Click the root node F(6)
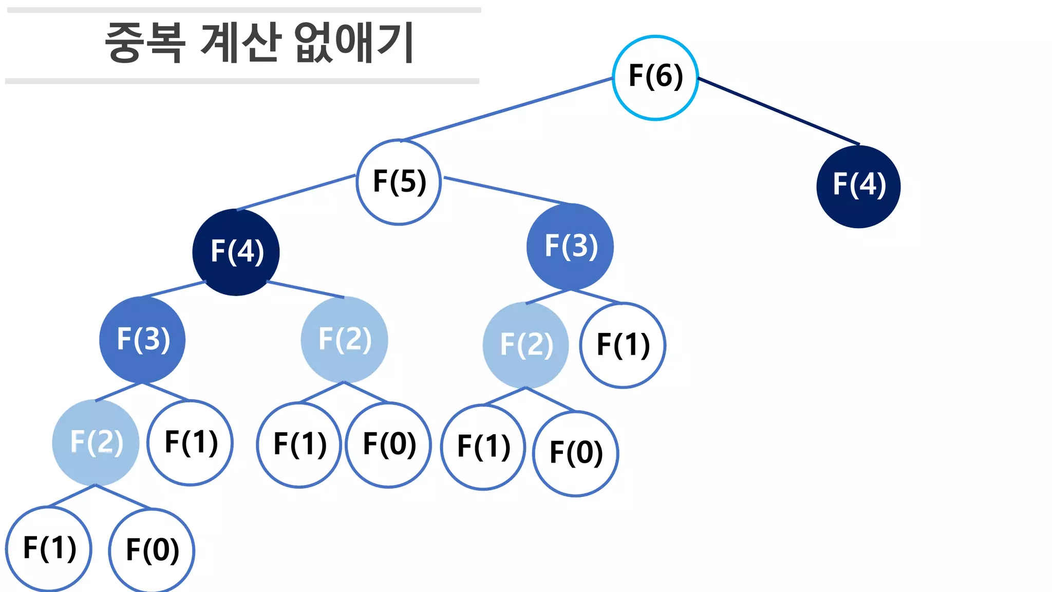click(655, 78)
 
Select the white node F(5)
click(399, 182)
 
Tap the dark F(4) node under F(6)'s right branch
click(858, 186)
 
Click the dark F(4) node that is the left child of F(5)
click(236, 252)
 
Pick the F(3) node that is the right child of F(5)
click(570, 247)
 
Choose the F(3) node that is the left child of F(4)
click(142, 340)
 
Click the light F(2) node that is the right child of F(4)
click(344, 340)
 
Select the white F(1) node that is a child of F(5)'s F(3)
click(623, 345)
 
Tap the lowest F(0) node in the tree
click(152, 550)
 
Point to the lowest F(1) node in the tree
click(49, 548)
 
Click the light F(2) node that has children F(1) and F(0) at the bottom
click(96, 442)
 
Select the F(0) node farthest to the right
click(575, 453)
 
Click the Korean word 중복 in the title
click(145, 43)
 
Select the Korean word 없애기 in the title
click(354, 43)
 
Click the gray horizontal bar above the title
click(244, 10)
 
